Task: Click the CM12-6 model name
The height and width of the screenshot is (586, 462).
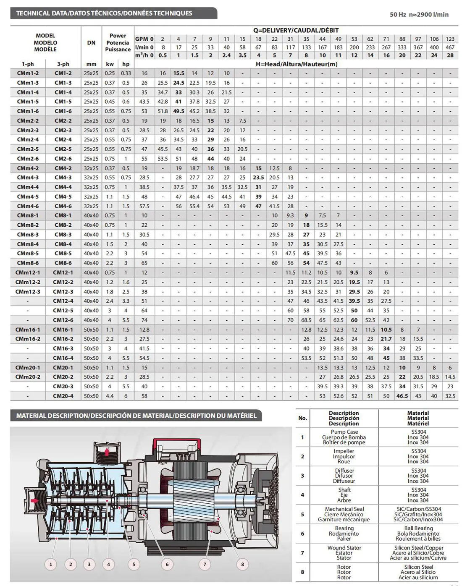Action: click(x=63, y=320)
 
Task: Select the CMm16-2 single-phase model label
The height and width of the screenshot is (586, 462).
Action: click(x=28, y=339)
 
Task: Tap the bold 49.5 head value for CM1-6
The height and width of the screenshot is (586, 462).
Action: click(x=178, y=111)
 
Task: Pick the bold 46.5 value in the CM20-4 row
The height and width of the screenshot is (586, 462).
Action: click(x=402, y=396)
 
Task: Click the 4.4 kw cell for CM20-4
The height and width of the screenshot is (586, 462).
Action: click(x=110, y=396)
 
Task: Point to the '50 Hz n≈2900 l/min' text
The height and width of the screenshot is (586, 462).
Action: click(x=419, y=14)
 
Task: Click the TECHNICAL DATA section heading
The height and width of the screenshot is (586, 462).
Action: click(x=104, y=13)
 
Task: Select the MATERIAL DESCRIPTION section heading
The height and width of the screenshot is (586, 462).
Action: click(x=136, y=416)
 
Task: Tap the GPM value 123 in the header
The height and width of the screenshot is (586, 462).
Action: click(x=450, y=39)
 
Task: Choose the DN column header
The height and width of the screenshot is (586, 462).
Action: click(x=91, y=42)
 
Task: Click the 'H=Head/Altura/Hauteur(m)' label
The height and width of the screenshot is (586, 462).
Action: click(x=297, y=64)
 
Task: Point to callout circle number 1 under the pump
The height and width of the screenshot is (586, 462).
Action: click(x=51, y=564)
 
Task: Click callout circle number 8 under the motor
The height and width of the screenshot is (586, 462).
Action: click(x=242, y=564)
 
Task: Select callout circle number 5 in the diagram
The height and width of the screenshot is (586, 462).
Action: click(x=134, y=564)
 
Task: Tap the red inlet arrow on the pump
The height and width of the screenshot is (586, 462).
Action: click(x=34, y=500)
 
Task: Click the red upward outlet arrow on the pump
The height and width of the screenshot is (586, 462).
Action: click(x=108, y=452)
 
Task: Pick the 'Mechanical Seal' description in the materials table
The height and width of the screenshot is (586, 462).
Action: click(x=344, y=509)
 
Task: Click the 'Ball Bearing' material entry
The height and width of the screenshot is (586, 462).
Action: click(x=418, y=528)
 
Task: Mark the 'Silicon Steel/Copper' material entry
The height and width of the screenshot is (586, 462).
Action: click(x=418, y=548)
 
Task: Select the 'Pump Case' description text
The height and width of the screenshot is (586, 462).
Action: click(x=344, y=432)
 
